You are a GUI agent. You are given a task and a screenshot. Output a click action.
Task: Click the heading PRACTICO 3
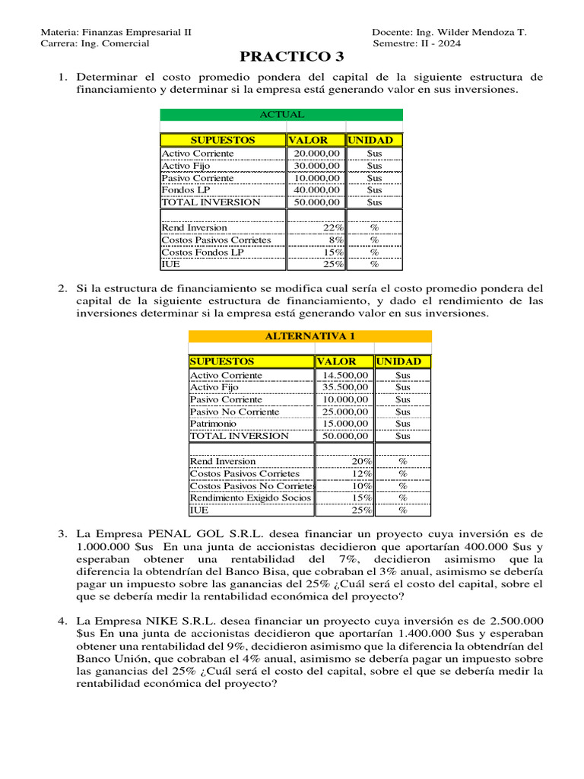[x=292, y=57]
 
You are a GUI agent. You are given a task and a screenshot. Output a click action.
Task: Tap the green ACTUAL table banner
[x=281, y=115]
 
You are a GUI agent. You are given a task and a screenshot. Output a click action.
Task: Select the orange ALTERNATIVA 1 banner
[x=309, y=336]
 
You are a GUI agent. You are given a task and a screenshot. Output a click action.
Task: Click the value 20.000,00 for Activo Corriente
[x=317, y=154]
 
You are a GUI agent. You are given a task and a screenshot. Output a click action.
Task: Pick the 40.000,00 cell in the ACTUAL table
[x=317, y=190]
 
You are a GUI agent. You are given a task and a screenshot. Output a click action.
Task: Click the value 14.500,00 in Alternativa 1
[x=345, y=375]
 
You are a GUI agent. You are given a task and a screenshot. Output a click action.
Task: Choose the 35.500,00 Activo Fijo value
[x=345, y=387]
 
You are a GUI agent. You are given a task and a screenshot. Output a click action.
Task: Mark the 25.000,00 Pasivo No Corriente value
[x=345, y=412]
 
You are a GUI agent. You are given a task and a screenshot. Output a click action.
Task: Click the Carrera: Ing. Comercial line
[x=94, y=43]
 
